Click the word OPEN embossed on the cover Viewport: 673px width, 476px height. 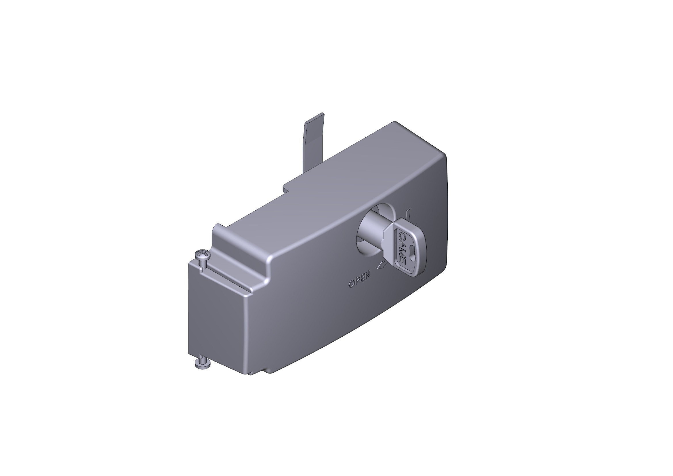tap(359, 279)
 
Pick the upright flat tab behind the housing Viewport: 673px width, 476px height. tap(314, 141)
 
